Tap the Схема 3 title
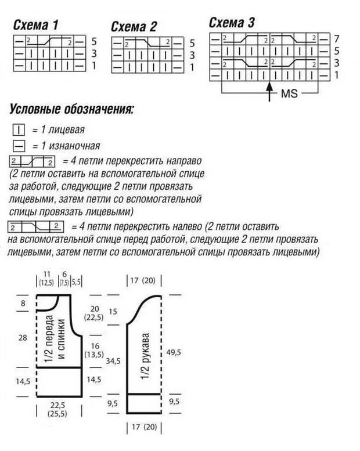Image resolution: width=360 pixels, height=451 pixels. (x=232, y=23)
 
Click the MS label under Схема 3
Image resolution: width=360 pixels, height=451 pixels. (x=289, y=93)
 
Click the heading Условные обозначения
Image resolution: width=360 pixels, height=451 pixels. (x=71, y=109)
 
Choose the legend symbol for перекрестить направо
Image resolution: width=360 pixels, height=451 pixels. (x=32, y=161)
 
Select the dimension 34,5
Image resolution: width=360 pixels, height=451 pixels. (x=114, y=360)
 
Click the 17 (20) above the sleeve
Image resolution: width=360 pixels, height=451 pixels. (x=143, y=281)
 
